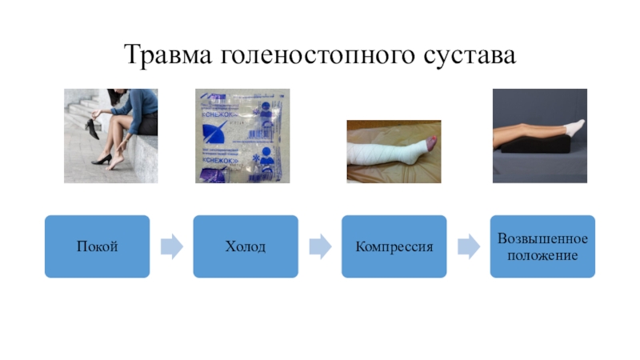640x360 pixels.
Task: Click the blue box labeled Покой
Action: [x=97, y=246]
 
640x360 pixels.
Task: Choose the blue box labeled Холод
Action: [x=246, y=246]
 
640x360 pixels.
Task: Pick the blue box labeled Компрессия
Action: [x=394, y=246]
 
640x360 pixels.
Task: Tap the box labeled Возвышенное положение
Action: [x=542, y=246]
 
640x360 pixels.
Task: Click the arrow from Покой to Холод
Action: [x=171, y=246]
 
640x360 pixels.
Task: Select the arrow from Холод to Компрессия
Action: [x=320, y=246]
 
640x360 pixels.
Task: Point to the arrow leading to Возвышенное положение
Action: [x=468, y=246]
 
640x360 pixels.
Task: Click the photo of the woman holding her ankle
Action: [x=110, y=136]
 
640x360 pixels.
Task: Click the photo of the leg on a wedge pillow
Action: [x=539, y=136]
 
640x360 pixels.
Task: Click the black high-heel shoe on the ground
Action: [x=100, y=161]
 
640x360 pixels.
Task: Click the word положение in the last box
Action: [x=542, y=255]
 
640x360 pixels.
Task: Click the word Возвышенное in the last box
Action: [x=542, y=238]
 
